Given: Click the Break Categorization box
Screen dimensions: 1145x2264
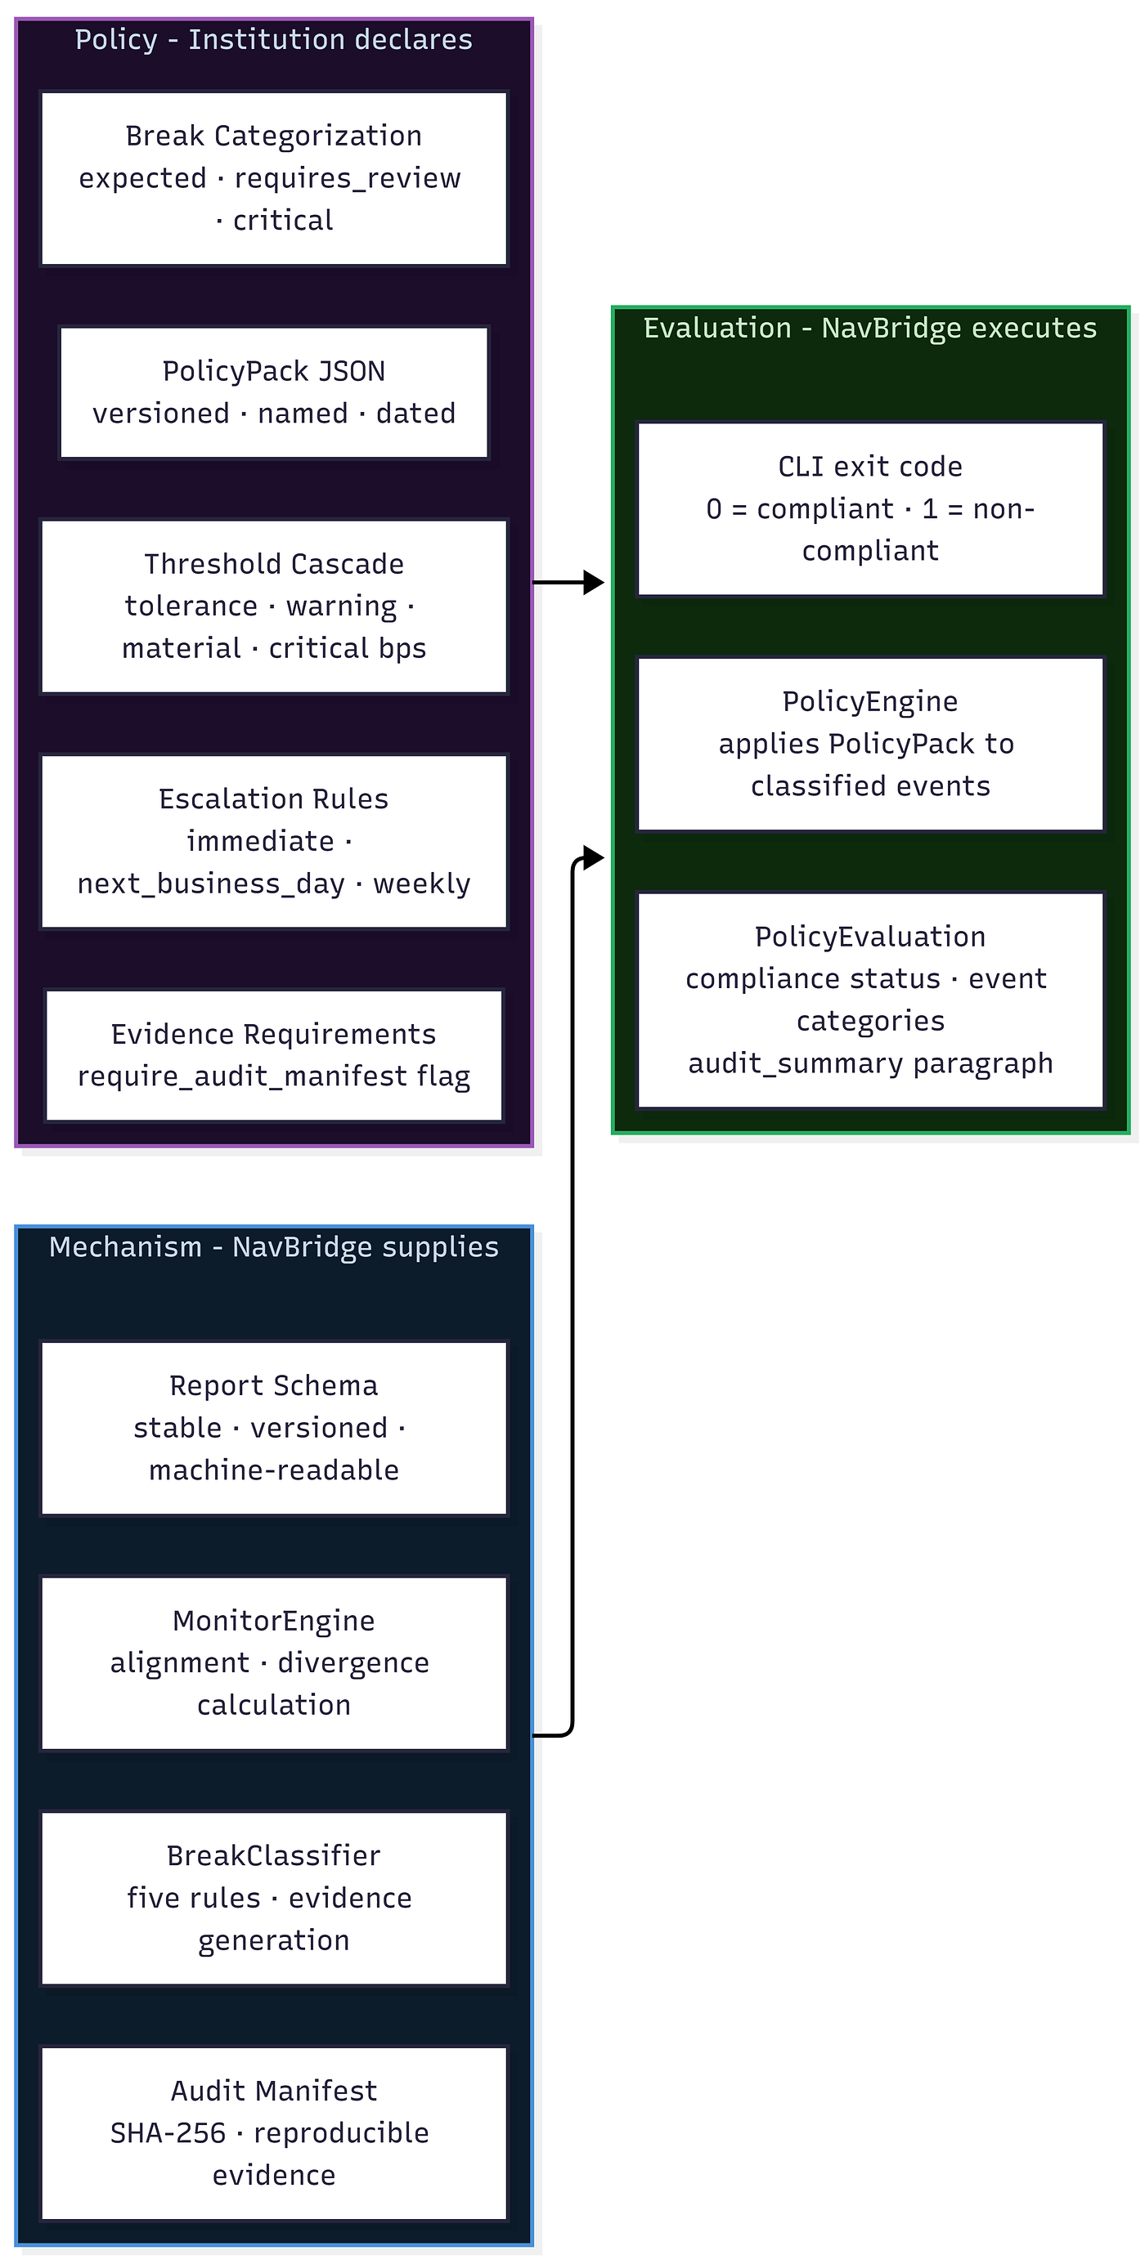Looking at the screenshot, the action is coord(274,178).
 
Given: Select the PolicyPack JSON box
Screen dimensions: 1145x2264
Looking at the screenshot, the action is coord(274,392).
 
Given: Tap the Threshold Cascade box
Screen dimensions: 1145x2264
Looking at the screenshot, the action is coord(274,606).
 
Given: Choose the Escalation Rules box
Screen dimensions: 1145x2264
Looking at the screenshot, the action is coord(274,841).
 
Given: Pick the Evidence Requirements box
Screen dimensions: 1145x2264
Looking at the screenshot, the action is coord(274,1055).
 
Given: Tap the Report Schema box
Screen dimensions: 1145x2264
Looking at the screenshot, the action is coord(274,1428).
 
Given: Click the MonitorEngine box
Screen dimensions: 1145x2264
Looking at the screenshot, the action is coord(274,1662).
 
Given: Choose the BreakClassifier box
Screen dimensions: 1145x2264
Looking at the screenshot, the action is coord(274,1898).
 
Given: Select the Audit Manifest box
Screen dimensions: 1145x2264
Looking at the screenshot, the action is coord(274,2133).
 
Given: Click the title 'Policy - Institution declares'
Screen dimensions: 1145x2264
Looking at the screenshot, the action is coord(274,39).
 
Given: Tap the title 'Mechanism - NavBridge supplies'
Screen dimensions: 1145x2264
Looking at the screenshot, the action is coord(274,1247).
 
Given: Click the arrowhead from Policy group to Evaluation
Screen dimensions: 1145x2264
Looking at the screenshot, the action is coord(595,582).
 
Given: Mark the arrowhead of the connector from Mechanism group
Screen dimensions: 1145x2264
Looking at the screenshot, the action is coord(595,857).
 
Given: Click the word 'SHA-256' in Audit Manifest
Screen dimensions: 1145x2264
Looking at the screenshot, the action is coord(168,2133).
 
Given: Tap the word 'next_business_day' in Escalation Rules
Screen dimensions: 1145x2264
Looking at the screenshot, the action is coord(211,884).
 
